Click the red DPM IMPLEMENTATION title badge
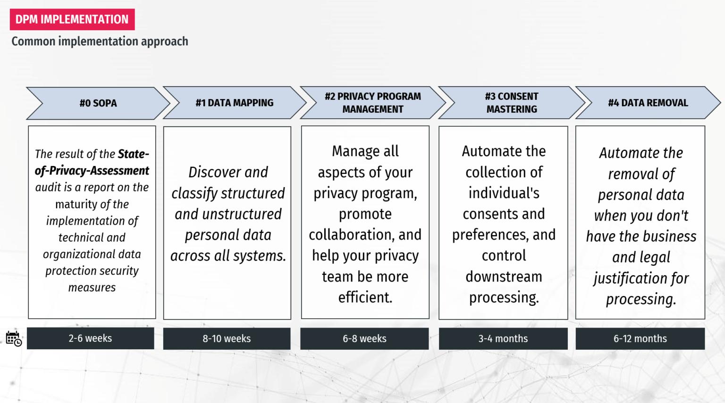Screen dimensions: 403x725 click(72, 19)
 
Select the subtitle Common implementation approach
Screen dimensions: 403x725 click(100, 41)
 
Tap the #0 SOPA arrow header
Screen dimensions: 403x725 click(98, 103)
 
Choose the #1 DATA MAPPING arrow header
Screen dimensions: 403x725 click(235, 103)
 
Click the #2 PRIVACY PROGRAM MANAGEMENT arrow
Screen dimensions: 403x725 click(373, 103)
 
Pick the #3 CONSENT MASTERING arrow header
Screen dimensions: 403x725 click(512, 103)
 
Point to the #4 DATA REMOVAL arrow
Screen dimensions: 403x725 click(648, 103)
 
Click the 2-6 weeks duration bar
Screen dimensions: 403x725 click(90, 338)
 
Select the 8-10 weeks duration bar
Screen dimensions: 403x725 click(227, 338)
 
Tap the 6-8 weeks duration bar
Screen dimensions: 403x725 click(364, 338)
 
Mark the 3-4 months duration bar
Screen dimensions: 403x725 click(503, 338)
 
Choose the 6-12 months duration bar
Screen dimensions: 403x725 click(640, 338)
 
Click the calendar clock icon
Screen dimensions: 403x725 click(14, 338)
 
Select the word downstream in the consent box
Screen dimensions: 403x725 click(504, 277)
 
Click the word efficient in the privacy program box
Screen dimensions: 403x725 click(365, 297)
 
